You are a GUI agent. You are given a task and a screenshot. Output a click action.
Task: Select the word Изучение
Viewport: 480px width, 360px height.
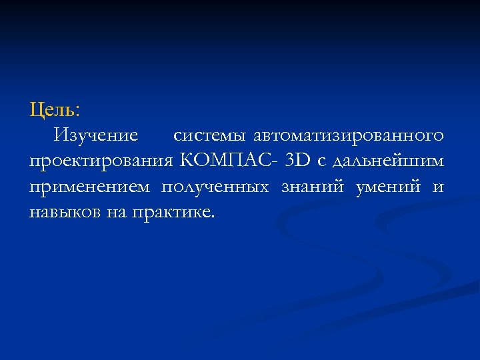(x=97, y=135)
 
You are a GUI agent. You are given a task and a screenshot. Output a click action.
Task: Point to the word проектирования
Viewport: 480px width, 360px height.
(x=101, y=161)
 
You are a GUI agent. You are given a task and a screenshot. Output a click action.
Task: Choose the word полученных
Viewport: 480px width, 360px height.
(x=215, y=187)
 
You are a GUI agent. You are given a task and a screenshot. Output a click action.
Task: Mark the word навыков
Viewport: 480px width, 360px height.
(x=65, y=213)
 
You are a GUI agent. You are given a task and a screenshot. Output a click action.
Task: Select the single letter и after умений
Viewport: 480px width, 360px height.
(x=438, y=188)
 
